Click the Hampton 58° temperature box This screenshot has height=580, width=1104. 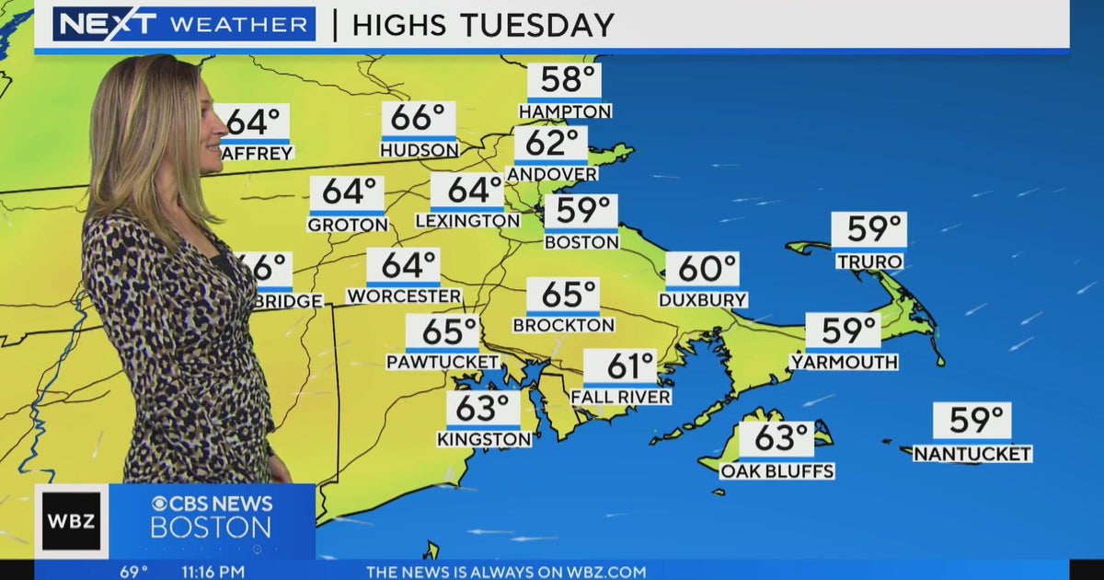point(564,81)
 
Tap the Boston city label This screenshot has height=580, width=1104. point(581,242)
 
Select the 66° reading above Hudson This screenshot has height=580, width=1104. point(419,119)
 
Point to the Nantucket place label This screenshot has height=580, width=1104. point(972,454)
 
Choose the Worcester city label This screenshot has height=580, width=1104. point(404,296)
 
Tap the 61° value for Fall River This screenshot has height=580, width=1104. point(619,366)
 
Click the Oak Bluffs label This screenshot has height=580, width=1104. point(777,471)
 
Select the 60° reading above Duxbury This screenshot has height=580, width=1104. point(702,270)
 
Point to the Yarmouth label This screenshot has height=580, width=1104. point(845,363)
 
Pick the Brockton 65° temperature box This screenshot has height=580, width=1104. point(563,296)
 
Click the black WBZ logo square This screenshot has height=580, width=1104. point(71,521)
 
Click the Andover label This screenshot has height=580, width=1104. point(552,174)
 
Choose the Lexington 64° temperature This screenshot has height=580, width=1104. point(467,191)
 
